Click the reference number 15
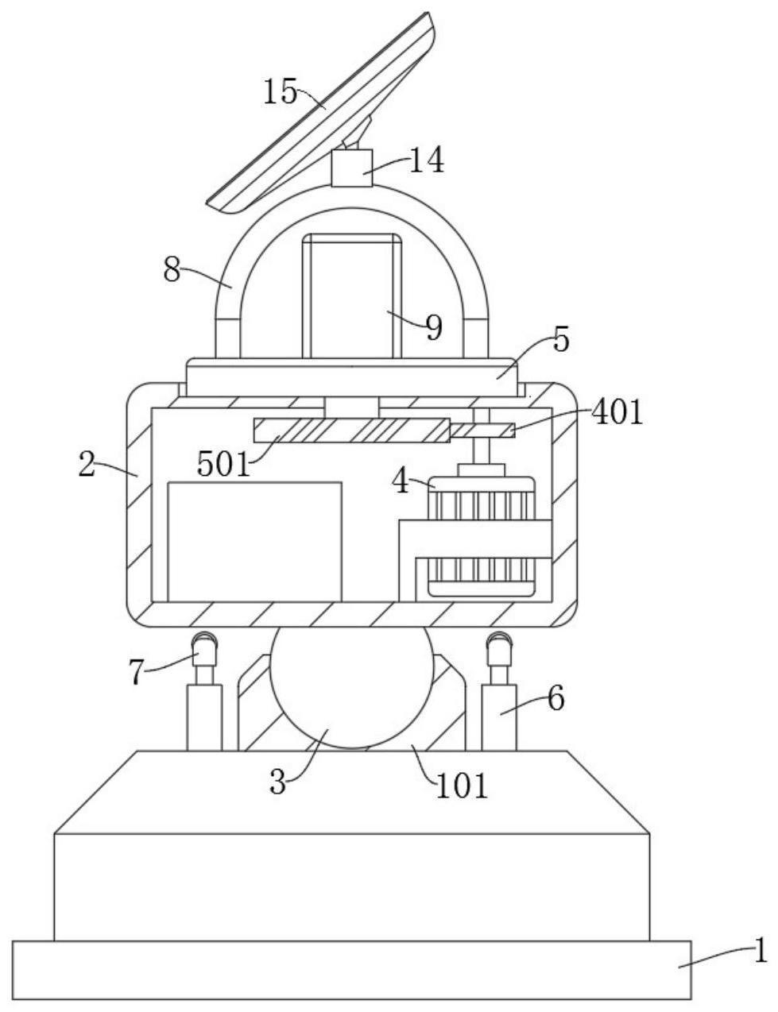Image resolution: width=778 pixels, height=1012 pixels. point(281,91)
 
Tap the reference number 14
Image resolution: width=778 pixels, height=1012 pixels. point(426,160)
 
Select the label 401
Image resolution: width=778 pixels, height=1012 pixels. point(617,412)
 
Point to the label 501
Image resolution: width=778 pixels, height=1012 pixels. point(224,465)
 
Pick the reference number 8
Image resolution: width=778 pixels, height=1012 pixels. point(172,271)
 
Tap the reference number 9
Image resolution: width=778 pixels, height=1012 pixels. point(433,327)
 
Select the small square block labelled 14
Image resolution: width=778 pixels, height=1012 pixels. point(352,168)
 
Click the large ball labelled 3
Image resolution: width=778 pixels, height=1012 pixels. point(348,686)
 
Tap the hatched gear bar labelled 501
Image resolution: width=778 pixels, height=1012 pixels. point(352,430)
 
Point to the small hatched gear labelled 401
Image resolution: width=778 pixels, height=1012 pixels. point(482,431)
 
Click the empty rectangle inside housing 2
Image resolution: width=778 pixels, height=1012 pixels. point(254,542)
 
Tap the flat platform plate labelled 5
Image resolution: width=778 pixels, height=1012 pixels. point(351,377)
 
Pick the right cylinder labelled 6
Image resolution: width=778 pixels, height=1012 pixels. point(499,717)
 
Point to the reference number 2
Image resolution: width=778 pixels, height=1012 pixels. point(87,464)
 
